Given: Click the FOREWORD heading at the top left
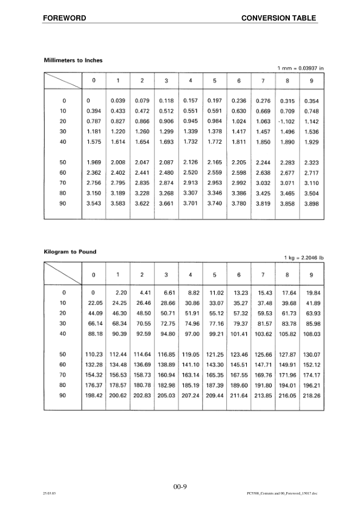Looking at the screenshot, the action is pyautogui.click(x=64, y=18).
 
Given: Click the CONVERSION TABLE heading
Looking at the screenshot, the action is pyautogui.click(x=278, y=18).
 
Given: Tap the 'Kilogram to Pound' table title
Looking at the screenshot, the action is pyautogui.click(x=70, y=251).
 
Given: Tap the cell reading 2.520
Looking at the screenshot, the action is pyautogui.click(x=190, y=172).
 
